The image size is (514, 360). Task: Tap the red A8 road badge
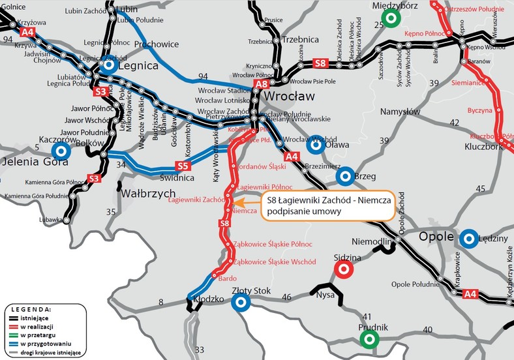point(262,84)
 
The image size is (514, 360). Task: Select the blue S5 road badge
point(183,166)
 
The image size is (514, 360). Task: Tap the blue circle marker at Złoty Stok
point(241,301)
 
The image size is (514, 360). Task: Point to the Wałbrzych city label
point(147,194)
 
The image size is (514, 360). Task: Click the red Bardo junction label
point(226,278)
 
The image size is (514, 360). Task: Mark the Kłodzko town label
point(209,300)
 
